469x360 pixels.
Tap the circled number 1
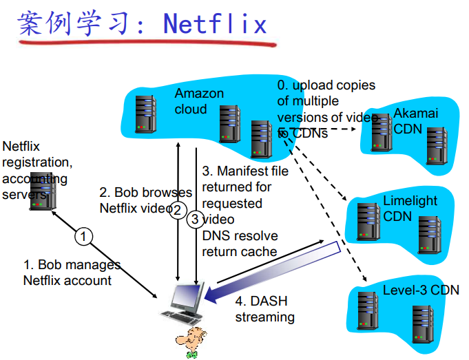(84, 237)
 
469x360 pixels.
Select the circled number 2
(177, 209)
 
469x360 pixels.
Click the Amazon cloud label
(198, 101)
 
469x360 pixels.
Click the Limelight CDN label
(410, 209)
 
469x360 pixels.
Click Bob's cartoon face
(189, 340)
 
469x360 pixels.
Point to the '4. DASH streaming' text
(264, 309)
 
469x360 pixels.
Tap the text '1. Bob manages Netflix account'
(72, 273)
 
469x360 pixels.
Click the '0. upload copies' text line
(326, 85)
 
